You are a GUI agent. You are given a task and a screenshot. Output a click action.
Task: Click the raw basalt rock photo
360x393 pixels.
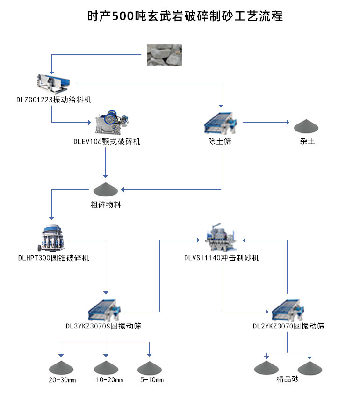point(164,55)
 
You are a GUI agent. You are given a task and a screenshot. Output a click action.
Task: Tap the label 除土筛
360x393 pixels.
point(220,141)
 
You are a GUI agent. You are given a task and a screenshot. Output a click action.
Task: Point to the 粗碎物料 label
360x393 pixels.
point(105,204)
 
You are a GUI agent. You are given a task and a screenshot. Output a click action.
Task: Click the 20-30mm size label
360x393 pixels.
point(62,380)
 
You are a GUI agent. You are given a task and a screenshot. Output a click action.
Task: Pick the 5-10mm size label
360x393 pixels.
point(151,380)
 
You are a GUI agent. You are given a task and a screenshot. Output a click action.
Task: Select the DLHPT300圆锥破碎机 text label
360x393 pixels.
point(53,258)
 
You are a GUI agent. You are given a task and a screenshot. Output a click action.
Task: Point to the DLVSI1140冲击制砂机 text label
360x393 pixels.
point(221,258)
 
